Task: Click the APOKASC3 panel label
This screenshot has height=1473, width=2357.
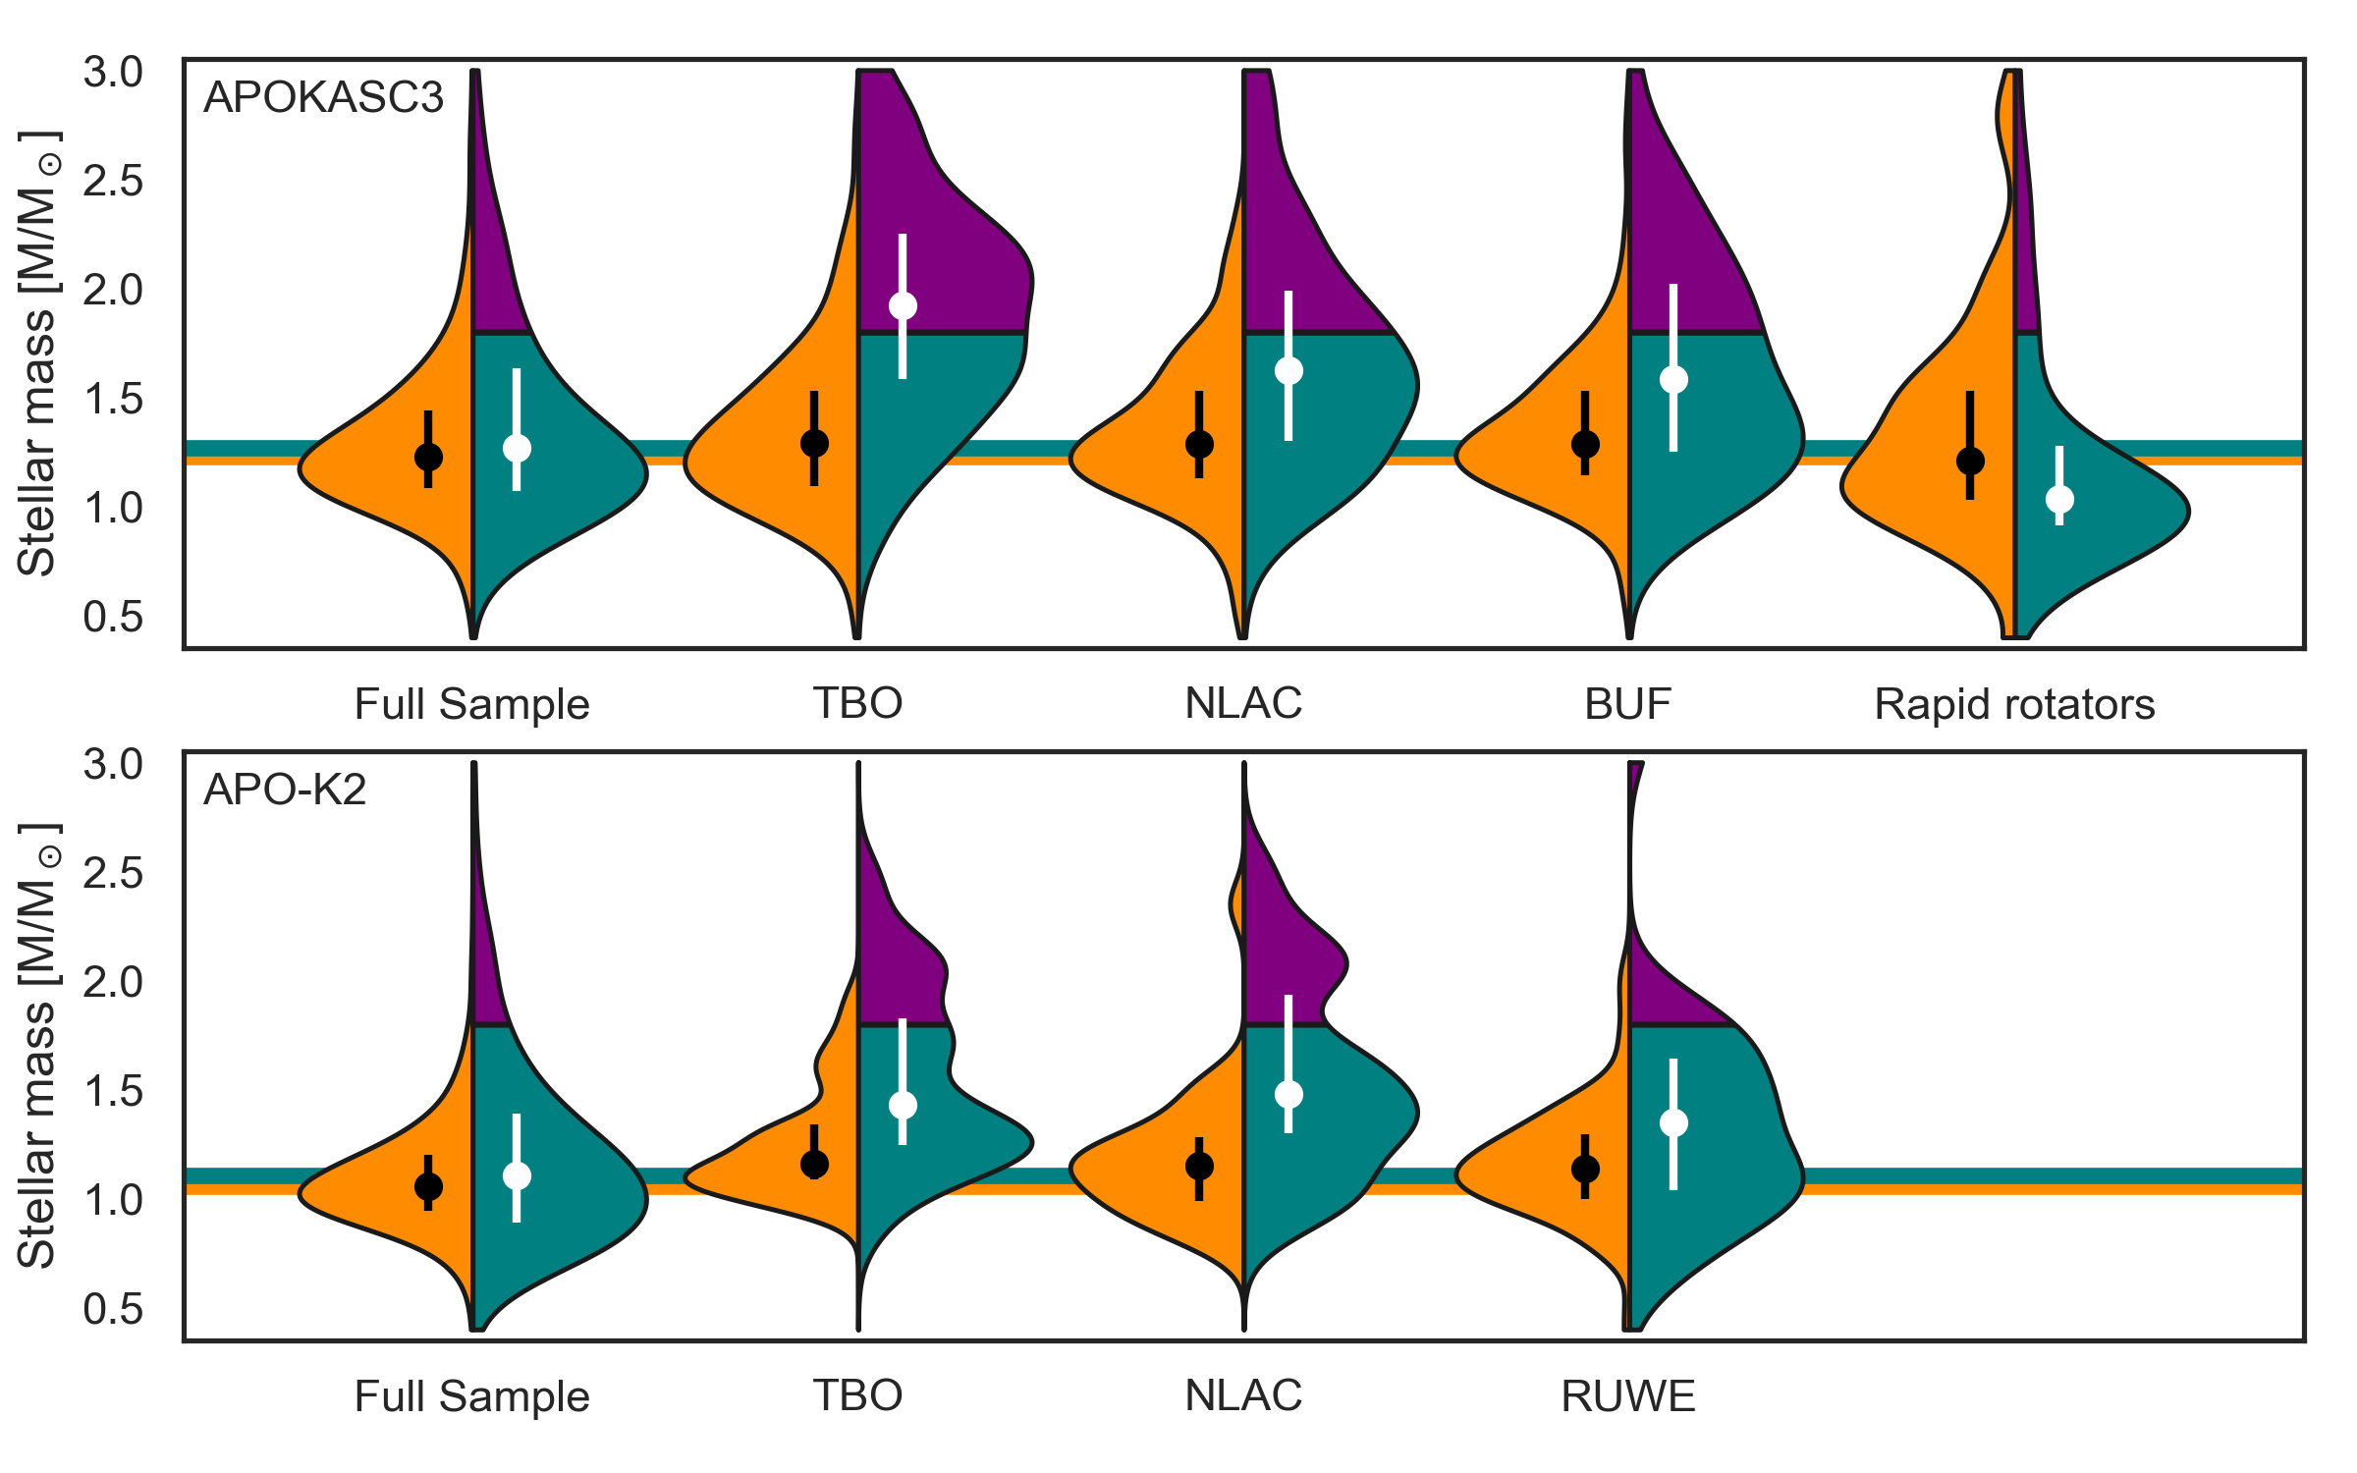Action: tap(323, 97)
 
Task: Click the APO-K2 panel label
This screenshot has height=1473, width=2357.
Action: tap(285, 790)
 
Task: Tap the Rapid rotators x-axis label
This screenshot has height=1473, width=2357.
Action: tap(2014, 704)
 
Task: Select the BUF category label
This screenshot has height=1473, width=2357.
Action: tap(1627, 704)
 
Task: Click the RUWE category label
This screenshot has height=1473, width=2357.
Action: tap(1628, 1396)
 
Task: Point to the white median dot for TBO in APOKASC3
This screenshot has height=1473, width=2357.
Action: tap(903, 306)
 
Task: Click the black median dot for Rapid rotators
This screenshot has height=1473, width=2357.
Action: tap(1970, 461)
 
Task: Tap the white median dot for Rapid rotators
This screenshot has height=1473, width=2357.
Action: tap(2059, 500)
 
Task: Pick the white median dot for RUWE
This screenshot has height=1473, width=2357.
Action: tap(1673, 1122)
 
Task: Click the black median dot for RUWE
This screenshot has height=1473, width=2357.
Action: tap(1585, 1169)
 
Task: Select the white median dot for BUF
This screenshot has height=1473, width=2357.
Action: tap(1673, 380)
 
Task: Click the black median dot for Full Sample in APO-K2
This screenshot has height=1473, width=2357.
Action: tap(428, 1186)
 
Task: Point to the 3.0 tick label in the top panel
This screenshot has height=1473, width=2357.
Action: tap(113, 73)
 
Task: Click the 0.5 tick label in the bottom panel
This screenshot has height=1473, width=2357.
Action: tap(113, 1309)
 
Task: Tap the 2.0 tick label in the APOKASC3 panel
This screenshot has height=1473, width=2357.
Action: tap(113, 291)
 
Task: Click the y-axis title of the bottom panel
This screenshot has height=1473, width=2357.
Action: tap(37, 1046)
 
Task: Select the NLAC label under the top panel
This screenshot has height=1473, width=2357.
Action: tap(1243, 704)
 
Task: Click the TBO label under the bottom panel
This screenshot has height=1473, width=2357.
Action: tap(857, 1396)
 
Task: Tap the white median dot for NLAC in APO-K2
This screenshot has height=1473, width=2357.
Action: tap(1288, 1094)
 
